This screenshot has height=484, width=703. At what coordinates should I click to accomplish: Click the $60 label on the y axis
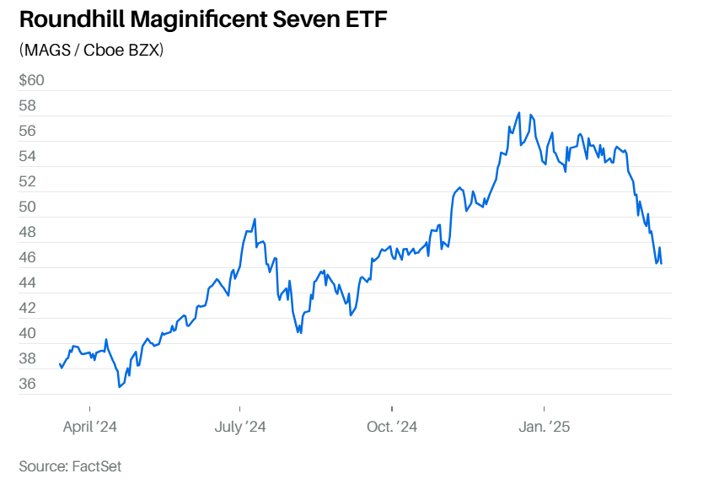pos(31,81)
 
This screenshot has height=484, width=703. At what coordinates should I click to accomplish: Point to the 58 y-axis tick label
pos(28,106)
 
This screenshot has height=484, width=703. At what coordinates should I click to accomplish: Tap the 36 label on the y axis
pos(28,384)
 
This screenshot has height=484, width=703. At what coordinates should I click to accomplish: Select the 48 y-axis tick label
pos(28,232)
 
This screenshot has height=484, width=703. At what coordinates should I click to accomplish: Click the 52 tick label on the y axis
pos(28,181)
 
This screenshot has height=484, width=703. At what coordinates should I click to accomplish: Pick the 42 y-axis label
pos(28,308)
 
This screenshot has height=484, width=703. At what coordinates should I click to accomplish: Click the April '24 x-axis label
pos(89,428)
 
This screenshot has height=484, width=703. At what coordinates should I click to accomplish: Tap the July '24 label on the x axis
pos(240,428)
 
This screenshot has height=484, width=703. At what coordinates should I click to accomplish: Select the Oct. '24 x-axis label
pos(392,428)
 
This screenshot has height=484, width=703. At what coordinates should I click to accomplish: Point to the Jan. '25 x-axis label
pos(545,428)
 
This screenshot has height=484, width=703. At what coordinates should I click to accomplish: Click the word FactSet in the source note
pos(97,465)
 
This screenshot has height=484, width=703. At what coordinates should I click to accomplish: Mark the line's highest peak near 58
pos(518,112)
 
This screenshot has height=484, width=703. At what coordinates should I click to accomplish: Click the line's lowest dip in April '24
pos(120,387)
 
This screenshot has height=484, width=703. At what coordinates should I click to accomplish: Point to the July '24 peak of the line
pos(255,219)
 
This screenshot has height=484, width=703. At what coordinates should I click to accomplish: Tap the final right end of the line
pos(661,264)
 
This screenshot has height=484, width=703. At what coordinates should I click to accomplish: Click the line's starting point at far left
pos(59,364)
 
